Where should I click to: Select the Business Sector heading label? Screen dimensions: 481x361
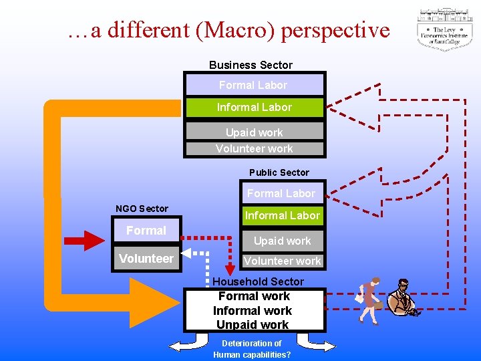click(x=251, y=65)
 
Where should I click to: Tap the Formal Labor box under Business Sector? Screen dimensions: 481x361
click(x=254, y=85)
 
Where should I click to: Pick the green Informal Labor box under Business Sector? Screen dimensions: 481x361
click(x=254, y=107)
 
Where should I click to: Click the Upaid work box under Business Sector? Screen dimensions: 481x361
click(x=254, y=132)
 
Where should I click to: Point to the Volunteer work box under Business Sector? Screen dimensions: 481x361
click(x=254, y=148)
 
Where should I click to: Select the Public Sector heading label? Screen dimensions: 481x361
click(x=279, y=172)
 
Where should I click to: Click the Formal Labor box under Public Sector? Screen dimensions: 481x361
click(x=281, y=193)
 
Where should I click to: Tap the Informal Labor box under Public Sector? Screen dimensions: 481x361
click(x=282, y=215)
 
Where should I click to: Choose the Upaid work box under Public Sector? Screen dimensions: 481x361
click(x=282, y=241)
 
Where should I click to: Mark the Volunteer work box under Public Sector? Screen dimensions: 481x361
click(x=282, y=261)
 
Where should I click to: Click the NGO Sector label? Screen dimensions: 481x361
click(x=142, y=209)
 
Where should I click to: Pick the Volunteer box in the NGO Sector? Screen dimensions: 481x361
click(x=146, y=259)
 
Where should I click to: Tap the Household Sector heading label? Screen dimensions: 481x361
click(x=258, y=281)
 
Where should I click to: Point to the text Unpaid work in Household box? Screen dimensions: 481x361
click(x=253, y=325)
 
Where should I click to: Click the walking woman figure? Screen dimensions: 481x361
click(x=368, y=299)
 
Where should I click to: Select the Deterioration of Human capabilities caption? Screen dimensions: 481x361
click(x=252, y=349)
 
